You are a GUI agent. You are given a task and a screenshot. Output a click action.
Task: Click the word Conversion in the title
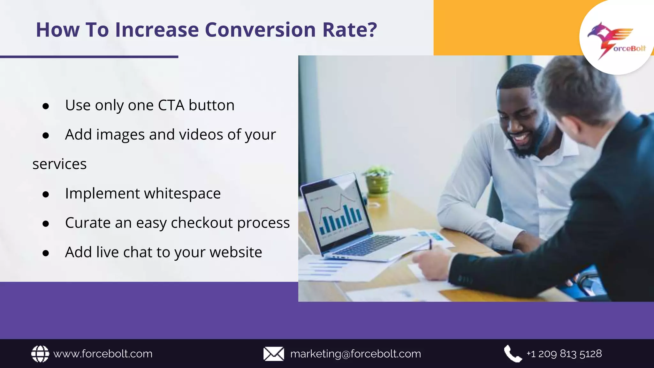[x=260, y=30]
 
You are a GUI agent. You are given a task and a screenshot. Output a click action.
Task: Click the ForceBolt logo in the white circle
[x=616, y=40]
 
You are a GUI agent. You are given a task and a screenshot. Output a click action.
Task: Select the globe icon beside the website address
[x=40, y=354]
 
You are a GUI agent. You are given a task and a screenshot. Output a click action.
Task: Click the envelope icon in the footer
[x=274, y=354]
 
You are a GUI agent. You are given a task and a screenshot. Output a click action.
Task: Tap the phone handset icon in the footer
[x=513, y=354]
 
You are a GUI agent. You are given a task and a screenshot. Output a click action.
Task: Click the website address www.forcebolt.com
[x=103, y=354]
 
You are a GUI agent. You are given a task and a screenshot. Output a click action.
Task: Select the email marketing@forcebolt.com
[x=355, y=354]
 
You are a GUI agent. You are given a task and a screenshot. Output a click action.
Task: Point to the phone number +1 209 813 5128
[x=564, y=354]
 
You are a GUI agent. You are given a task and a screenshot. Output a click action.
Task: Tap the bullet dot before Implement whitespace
[x=46, y=194]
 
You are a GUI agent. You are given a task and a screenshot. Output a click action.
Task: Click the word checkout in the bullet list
[x=202, y=223]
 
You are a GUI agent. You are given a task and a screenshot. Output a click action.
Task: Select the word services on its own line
[x=60, y=164]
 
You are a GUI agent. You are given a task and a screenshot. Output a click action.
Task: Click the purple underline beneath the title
[x=89, y=57]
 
